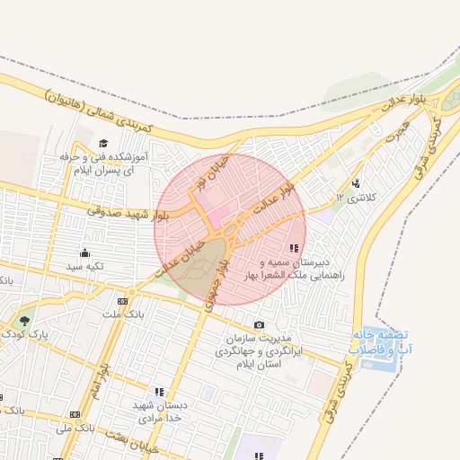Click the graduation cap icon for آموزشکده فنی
(103, 144)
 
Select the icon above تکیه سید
(85, 252)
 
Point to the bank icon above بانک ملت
(123, 300)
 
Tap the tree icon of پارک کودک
(24, 321)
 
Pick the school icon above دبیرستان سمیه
(293, 248)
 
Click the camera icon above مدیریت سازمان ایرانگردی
(260, 324)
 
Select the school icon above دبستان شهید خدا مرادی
(159, 393)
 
